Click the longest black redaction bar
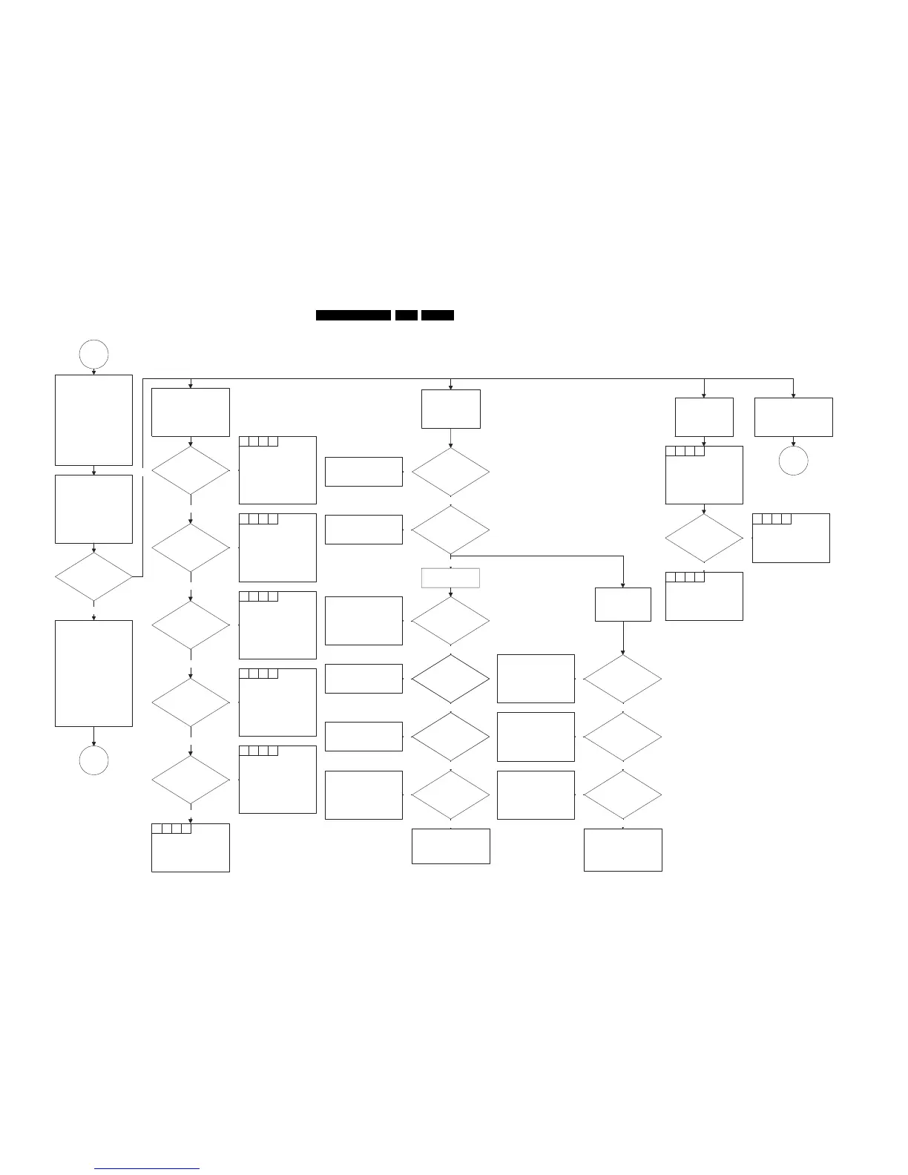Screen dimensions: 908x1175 (x=353, y=315)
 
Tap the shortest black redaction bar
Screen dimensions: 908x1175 (x=406, y=315)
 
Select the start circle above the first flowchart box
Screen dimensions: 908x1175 (x=93, y=354)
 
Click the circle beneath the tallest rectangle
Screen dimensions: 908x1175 (x=93, y=760)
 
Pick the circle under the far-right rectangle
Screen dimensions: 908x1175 (x=793, y=461)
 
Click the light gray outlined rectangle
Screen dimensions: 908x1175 (x=450, y=578)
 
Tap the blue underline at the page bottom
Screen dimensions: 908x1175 (x=148, y=1168)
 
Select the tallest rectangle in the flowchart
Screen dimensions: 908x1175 (x=93, y=673)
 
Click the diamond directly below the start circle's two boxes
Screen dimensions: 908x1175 (x=93, y=576)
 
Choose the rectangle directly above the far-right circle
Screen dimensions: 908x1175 (x=793, y=417)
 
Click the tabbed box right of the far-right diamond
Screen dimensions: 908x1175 (x=790, y=538)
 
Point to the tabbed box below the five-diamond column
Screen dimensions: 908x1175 (x=190, y=847)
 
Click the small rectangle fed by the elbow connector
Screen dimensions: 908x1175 (x=622, y=605)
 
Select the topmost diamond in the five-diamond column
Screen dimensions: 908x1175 (x=190, y=470)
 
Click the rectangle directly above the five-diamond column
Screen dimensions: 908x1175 (x=190, y=412)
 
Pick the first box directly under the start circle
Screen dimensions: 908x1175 (x=93, y=420)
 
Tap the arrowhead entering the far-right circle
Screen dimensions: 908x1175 (x=793, y=444)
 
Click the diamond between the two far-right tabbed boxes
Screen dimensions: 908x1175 (x=703, y=538)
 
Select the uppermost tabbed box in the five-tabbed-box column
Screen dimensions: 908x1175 (x=277, y=470)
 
